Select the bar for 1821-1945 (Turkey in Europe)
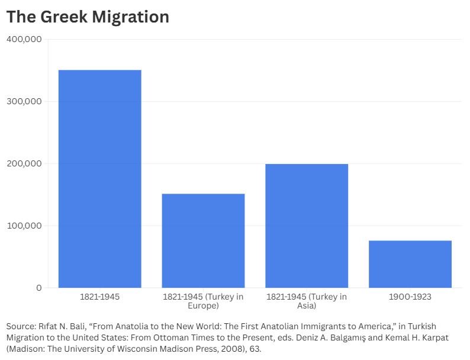pos(203,240)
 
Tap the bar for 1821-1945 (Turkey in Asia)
pos(307,226)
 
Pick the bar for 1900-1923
pos(410,264)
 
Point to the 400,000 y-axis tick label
pos(24,39)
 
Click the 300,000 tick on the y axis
pos(24,101)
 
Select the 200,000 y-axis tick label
pos(24,163)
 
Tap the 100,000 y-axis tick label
pos(24,226)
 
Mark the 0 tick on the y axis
pos(38,288)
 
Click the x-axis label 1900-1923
pos(410,297)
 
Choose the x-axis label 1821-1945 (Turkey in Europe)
pos(203,301)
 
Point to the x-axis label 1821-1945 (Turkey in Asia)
pos(307,301)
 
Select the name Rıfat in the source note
pos(51,326)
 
